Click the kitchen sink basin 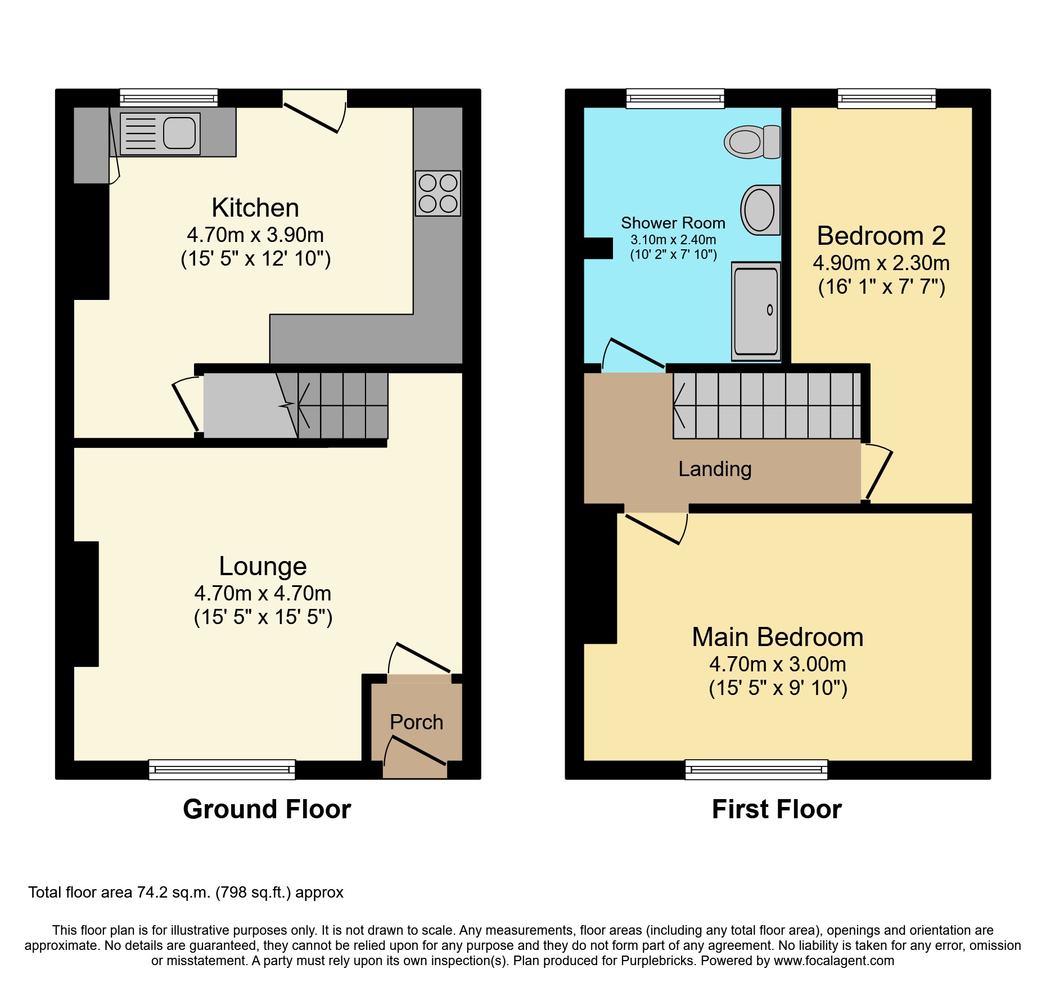coord(179,133)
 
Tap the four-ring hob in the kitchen coord(438,194)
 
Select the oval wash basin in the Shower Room coord(759,210)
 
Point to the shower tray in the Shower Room coord(756,311)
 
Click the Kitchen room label coord(255,208)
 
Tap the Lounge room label coord(263,567)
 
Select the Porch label coord(416,722)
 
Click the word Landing coord(715,469)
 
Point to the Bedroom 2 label coord(881,236)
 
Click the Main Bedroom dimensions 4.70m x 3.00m coord(777,665)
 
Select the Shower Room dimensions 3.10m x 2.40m coord(673,240)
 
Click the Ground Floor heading coord(267,809)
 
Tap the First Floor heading coord(777,809)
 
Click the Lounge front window coord(222,769)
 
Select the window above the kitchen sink coord(169,98)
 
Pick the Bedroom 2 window coord(886,98)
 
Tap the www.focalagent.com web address coord(833,961)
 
